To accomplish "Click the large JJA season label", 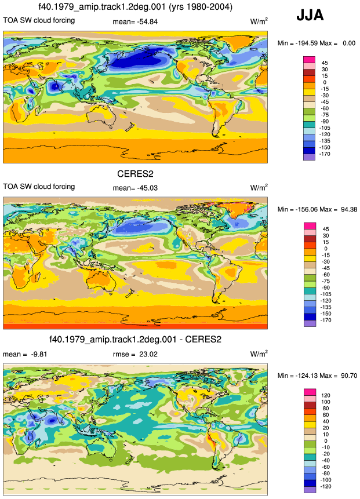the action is pos(310,15).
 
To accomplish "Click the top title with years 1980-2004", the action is pos(135,7).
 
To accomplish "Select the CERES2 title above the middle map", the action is pos(135,174).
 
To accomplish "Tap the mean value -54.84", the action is pos(135,21).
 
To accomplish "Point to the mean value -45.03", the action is pos(135,188).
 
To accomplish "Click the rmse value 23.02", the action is pos(135,354).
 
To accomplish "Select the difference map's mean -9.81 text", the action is pos(25,354).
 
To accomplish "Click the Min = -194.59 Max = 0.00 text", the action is pos(317,43).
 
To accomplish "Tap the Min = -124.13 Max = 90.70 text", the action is pos(317,376).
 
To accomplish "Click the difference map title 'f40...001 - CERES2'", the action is pos(135,340).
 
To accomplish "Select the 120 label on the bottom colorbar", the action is pos(326,395).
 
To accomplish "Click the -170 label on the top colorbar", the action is pos(325,154).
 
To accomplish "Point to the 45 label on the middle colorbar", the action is pos(325,229).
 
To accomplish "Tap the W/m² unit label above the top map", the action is pos(259,21).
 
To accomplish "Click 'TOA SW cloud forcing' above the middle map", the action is pos(39,187).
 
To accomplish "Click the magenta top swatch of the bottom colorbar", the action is pos(310,392).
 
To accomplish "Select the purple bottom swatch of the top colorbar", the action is pos(310,157).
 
